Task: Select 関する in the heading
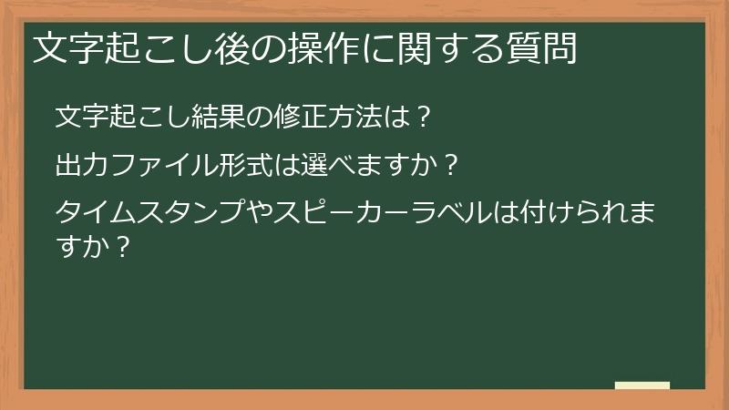tap(435, 48)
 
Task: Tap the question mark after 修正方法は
tap(421, 118)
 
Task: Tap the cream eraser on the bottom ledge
tap(642, 386)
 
